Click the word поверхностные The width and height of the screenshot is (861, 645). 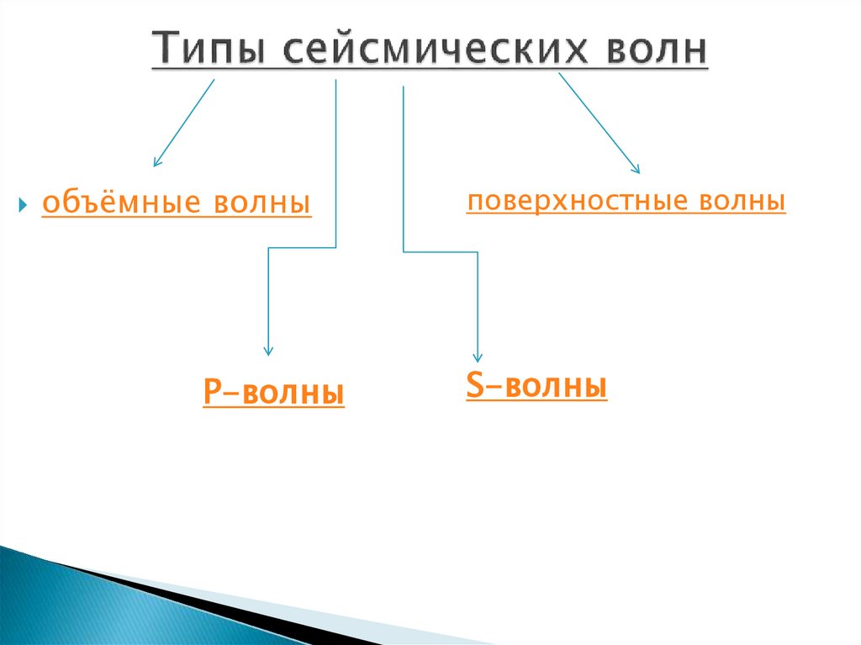pos(573,202)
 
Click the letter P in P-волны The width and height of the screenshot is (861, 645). pos(211,393)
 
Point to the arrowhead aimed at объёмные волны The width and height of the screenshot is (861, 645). pos(156,161)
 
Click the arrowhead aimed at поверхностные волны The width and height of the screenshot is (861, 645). pos(637,169)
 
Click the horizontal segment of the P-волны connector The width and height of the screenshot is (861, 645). pos(302,247)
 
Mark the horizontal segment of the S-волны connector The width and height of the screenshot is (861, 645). pos(441,251)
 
